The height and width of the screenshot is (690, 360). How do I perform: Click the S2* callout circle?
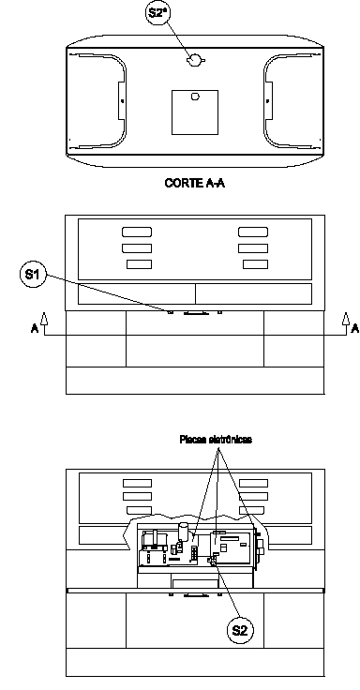click(158, 13)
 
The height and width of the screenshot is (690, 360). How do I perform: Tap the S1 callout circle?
click(33, 275)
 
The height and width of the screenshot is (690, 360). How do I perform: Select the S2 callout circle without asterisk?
click(240, 631)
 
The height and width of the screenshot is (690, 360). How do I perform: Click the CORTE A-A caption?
click(194, 183)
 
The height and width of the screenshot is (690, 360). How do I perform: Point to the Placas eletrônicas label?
click(216, 439)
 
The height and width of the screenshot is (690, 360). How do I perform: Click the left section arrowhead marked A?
click(43, 318)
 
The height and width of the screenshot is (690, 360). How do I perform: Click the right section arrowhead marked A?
click(346, 318)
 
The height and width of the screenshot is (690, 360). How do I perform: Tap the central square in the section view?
click(195, 112)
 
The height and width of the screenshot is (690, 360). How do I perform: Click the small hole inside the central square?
click(195, 97)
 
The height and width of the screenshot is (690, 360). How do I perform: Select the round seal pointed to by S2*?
click(194, 60)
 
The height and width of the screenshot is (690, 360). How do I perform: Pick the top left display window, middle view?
click(137, 232)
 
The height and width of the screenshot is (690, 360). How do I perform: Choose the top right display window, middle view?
click(253, 232)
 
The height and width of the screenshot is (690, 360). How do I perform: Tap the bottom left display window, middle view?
click(139, 264)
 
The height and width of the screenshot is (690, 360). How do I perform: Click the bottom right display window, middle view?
click(255, 264)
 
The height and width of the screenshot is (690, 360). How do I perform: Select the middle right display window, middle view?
click(253, 248)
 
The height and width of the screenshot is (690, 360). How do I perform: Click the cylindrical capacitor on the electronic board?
click(183, 531)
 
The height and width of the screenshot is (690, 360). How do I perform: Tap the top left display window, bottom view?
click(137, 483)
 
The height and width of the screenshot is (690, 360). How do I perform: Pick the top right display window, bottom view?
click(253, 483)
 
